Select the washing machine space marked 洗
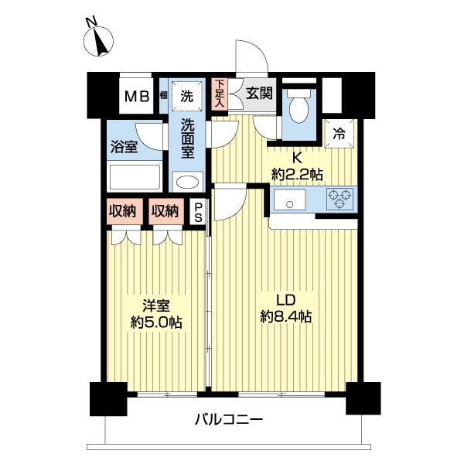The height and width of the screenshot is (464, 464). [186, 97]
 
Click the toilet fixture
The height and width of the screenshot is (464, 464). [299, 110]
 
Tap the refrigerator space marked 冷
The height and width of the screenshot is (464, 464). [338, 132]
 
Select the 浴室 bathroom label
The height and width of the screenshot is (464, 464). [124, 146]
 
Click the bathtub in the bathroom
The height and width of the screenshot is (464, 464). [135, 178]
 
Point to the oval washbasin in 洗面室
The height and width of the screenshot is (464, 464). [186, 183]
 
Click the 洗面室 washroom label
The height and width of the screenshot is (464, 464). [187, 138]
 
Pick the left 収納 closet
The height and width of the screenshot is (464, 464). [124, 211]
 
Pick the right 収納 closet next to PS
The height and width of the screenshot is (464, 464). [165, 211]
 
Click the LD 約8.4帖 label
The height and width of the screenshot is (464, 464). [285, 308]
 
